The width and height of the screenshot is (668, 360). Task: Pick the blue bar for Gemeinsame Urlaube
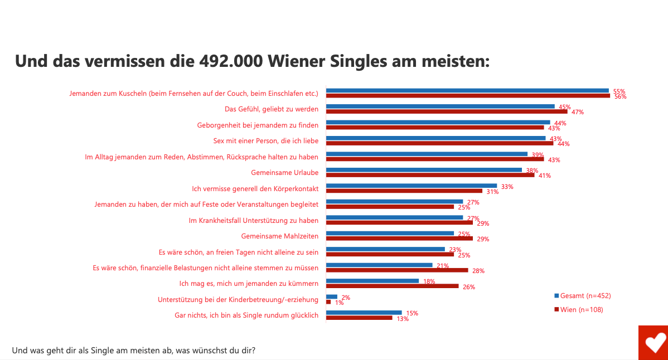tap(424, 170)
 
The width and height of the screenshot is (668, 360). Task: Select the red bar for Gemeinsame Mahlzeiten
tap(399, 239)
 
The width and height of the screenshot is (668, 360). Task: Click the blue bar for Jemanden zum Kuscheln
tap(467, 90)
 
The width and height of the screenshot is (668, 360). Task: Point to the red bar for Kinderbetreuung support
tap(328, 302)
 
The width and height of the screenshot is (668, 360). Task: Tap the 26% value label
tap(469, 287)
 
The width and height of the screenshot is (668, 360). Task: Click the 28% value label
tap(478, 271)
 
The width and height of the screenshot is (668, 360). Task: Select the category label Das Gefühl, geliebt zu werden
tap(272, 109)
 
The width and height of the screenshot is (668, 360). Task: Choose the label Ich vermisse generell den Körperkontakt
tap(255, 189)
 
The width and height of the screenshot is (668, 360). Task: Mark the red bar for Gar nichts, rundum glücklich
tap(359, 318)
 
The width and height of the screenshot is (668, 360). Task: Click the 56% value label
tap(620, 96)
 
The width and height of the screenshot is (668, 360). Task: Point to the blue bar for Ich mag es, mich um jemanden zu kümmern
tap(372, 281)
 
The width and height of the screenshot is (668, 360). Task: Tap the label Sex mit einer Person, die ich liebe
tap(266, 140)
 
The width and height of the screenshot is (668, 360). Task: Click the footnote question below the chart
tap(134, 351)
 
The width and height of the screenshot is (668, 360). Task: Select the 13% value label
tap(403, 319)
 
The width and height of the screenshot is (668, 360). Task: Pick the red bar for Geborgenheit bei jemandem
tap(435, 127)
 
